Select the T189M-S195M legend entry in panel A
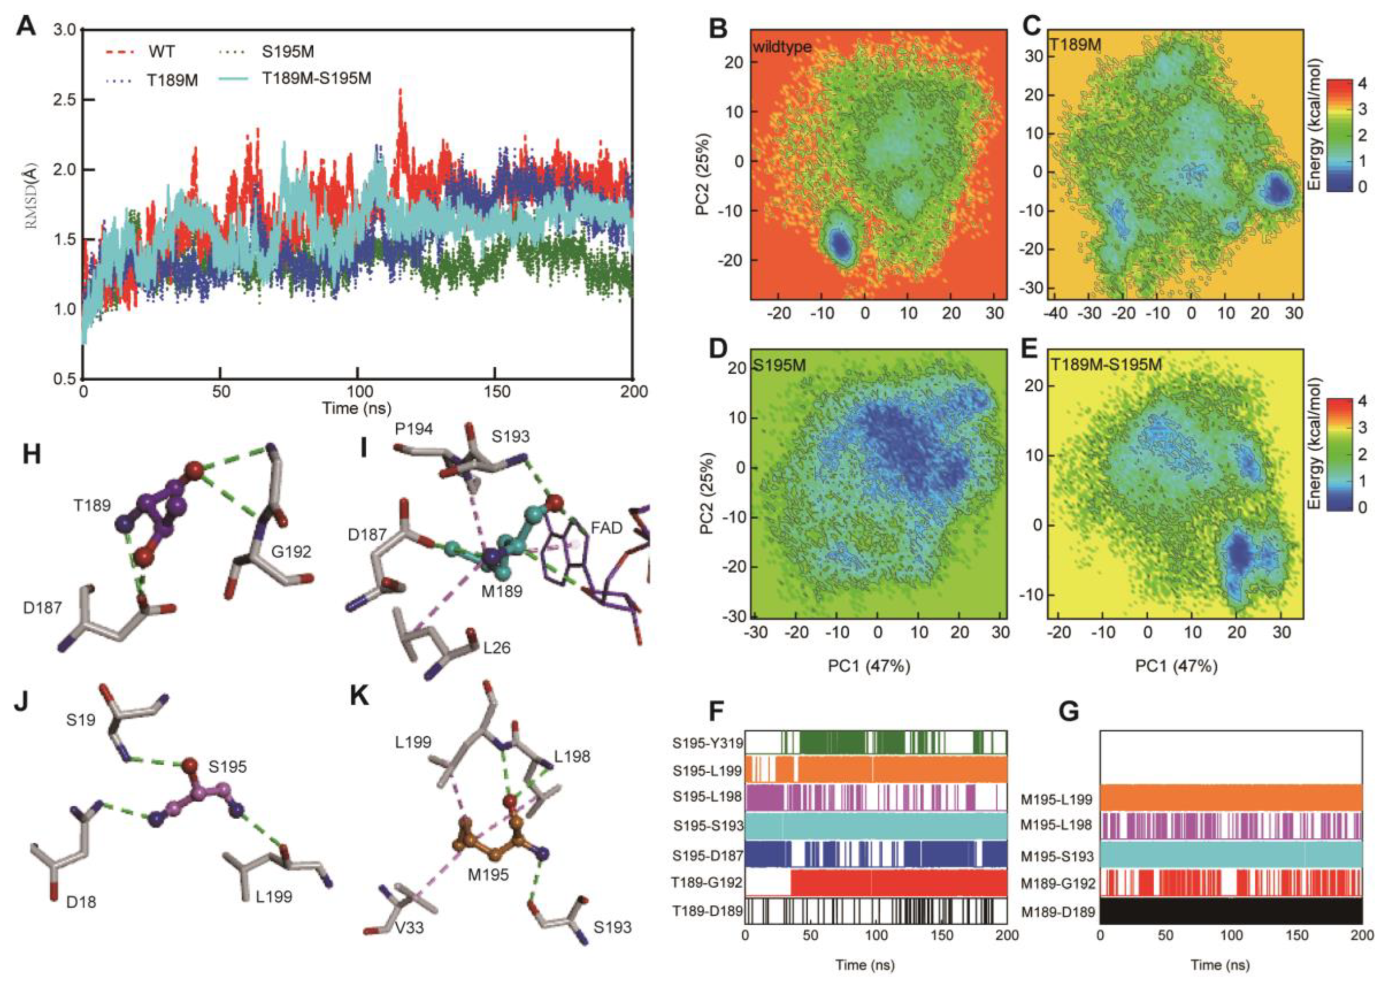pyautogui.click(x=316, y=78)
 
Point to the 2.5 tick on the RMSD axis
pyautogui.click(x=65, y=100)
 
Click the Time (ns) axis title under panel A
pyautogui.click(x=357, y=408)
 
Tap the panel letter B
pyautogui.click(x=718, y=27)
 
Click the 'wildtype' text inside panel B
pyautogui.click(x=782, y=47)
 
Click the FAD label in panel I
pyautogui.click(x=607, y=528)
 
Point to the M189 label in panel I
pyautogui.click(x=502, y=590)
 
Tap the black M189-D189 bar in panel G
pyautogui.click(x=1231, y=910)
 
